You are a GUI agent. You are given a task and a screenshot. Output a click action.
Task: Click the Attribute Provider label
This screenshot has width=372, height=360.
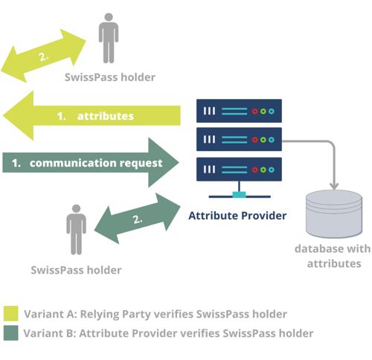point(237,216)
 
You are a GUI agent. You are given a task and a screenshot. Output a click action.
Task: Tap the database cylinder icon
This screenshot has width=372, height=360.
point(334,213)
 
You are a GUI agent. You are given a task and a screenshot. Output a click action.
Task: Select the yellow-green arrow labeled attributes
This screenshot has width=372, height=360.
point(92,115)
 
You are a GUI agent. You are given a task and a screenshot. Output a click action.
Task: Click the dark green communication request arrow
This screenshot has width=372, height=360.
point(91,163)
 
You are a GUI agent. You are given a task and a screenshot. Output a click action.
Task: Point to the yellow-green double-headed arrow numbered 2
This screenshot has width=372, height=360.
point(44,56)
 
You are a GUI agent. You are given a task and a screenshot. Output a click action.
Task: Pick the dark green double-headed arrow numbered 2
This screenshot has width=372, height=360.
point(138,219)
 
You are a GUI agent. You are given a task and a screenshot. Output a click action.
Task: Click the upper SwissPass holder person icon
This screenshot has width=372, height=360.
point(109,38)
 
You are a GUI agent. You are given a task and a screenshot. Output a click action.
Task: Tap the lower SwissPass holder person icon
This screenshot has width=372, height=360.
point(76,230)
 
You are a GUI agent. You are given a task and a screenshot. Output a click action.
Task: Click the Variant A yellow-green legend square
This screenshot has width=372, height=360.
point(10,313)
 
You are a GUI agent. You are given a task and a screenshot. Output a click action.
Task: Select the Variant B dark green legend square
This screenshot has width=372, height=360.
point(10,332)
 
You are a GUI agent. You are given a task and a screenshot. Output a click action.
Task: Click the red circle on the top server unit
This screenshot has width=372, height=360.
point(255,112)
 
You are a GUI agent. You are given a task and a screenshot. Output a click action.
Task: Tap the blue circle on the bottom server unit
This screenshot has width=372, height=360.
point(272,170)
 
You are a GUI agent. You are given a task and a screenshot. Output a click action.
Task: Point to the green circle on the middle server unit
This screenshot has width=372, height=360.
point(263,140)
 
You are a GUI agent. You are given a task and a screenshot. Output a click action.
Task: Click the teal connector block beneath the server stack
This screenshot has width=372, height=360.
point(240,195)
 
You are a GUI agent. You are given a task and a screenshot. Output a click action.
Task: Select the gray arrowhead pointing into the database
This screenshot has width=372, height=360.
point(334,186)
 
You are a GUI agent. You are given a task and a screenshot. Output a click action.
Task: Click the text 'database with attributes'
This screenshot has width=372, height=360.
point(333,256)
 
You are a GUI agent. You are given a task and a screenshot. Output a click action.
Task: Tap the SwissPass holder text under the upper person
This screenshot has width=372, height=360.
point(110,77)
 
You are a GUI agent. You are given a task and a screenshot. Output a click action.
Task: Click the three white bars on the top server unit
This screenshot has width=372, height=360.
point(209,111)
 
